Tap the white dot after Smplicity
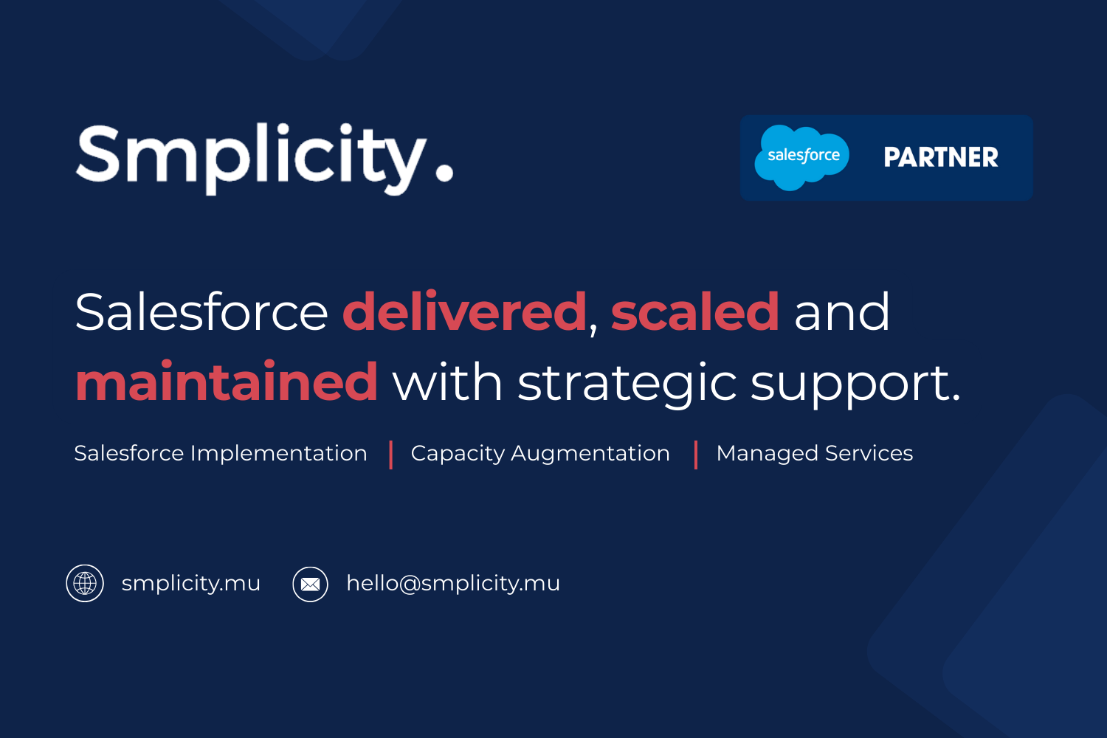click(x=444, y=173)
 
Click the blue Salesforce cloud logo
click(x=801, y=157)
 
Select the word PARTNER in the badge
click(x=941, y=157)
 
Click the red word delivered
click(x=464, y=312)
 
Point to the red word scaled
click(x=695, y=312)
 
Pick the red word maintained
click(x=227, y=381)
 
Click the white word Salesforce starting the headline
click(x=201, y=312)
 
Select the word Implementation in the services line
click(x=279, y=454)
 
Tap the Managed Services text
click(x=815, y=454)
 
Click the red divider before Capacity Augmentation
click(x=391, y=455)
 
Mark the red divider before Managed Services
click(x=696, y=455)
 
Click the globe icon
click(x=85, y=583)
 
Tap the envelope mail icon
click(x=311, y=584)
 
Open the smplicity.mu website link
click(x=190, y=584)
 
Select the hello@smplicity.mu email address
click(x=453, y=584)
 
